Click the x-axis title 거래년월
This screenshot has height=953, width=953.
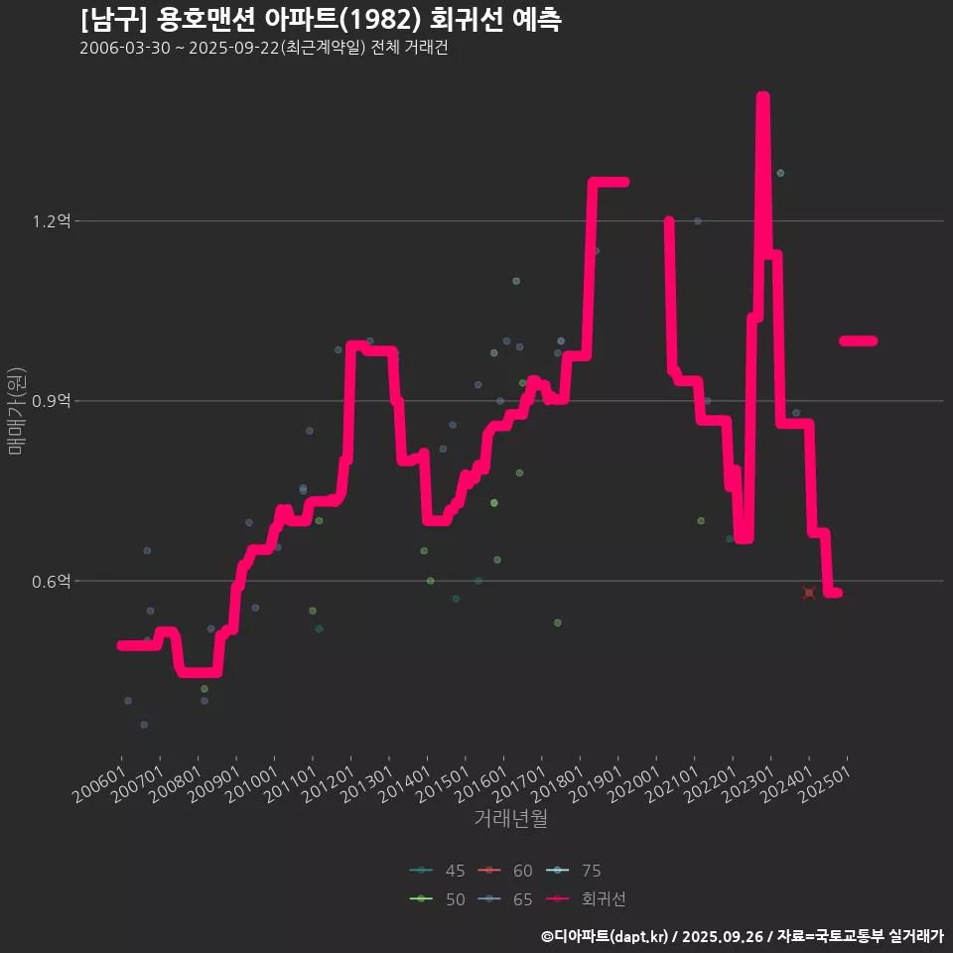(511, 818)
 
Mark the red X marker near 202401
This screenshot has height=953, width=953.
(809, 593)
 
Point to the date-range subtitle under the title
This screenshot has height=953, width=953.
(264, 49)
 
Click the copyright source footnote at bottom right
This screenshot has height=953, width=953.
(742, 935)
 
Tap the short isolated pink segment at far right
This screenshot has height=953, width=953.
(858, 340)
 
